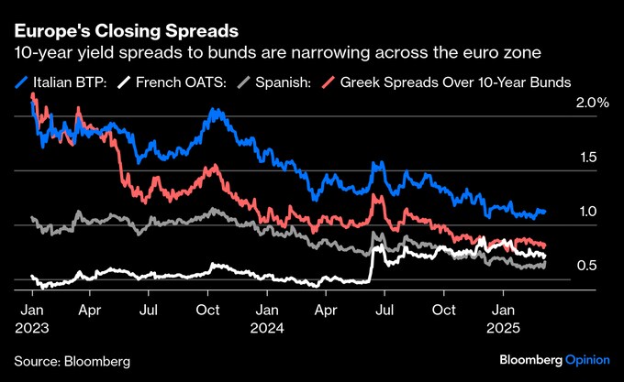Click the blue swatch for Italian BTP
(x=23, y=82)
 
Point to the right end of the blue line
(x=544, y=212)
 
